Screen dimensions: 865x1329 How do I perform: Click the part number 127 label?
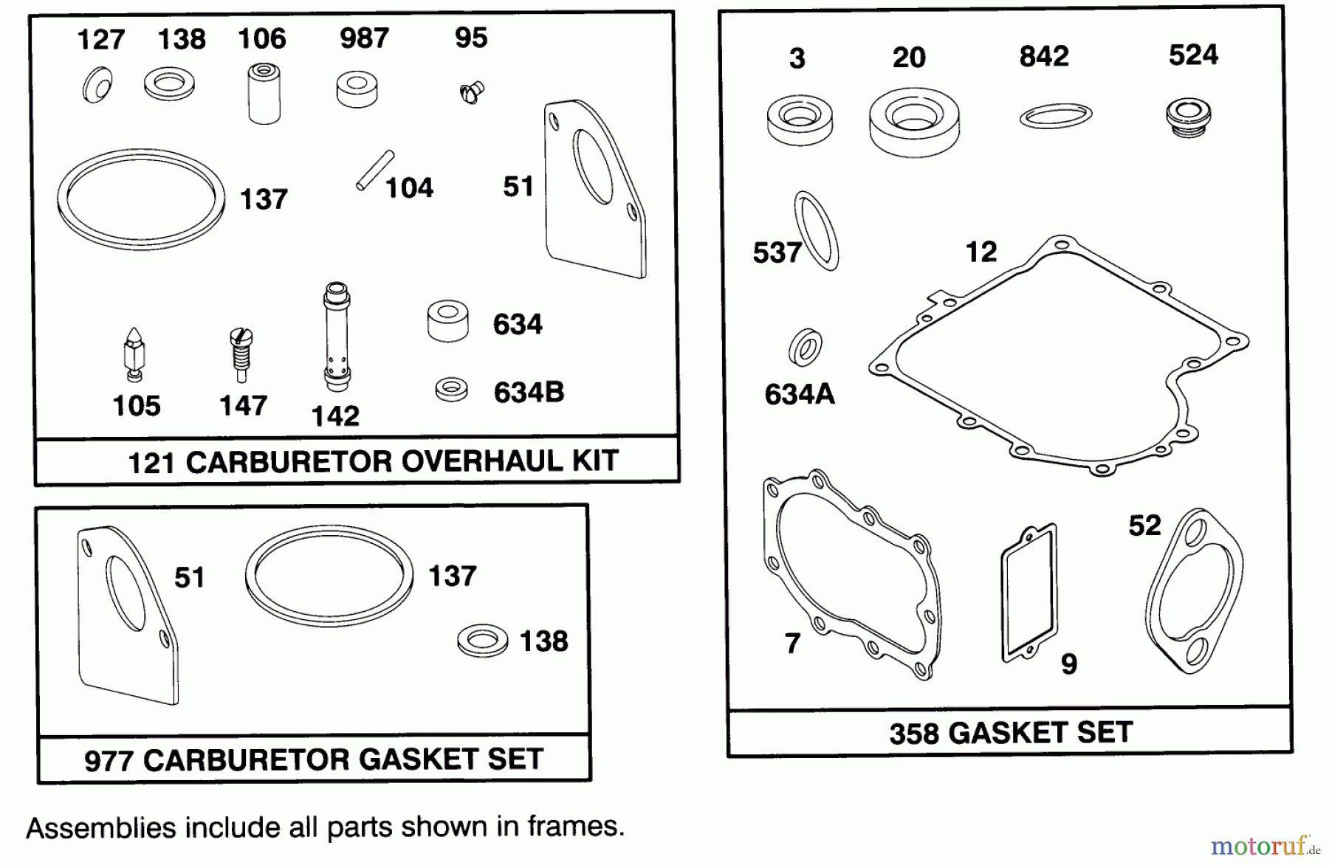(100, 39)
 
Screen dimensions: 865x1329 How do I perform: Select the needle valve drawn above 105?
(134, 355)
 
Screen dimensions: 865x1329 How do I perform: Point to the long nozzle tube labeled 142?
(336, 337)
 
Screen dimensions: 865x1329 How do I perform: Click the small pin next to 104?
(375, 170)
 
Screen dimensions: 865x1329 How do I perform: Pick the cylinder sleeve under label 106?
(264, 94)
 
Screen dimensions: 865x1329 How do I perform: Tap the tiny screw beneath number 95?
(470, 93)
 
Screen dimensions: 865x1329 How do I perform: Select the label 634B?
(529, 393)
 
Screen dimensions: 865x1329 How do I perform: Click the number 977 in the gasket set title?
(109, 761)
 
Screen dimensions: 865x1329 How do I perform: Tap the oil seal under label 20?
(914, 123)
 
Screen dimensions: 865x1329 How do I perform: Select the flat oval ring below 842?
(1056, 116)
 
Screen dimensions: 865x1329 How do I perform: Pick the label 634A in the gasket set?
(800, 394)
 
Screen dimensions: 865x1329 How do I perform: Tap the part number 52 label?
(1144, 525)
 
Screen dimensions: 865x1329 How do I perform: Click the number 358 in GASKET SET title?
(913, 734)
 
